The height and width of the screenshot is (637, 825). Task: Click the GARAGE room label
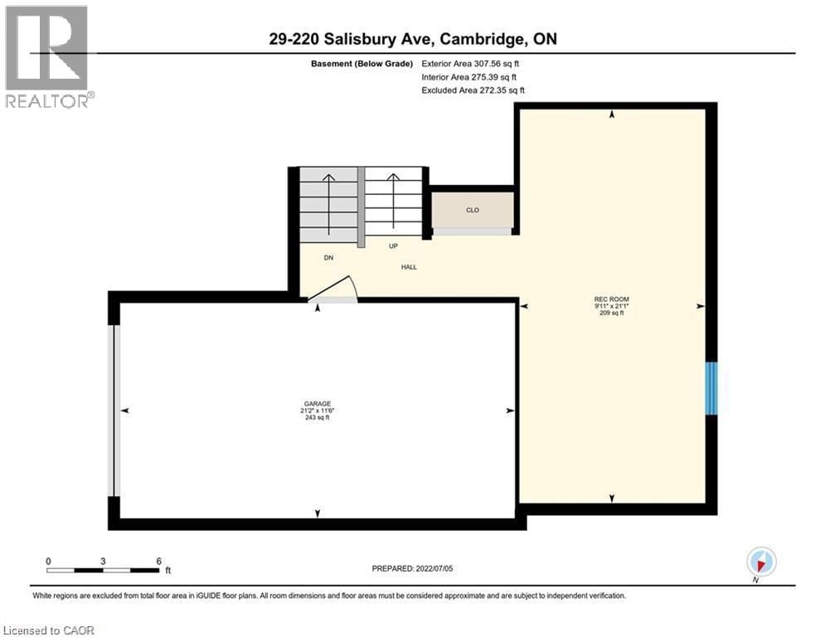pos(317,403)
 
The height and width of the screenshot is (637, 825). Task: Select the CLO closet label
pos(473,210)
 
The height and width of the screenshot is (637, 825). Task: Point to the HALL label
pos(408,267)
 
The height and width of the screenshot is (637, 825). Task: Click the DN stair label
pos(329,258)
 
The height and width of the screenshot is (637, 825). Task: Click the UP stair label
pos(394,246)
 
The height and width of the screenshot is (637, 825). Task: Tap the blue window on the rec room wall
pos(711,387)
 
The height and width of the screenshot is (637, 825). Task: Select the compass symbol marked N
pos(760,562)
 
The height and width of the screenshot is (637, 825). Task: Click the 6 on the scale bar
pos(158,561)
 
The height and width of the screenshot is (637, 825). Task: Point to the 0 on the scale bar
pos(49,561)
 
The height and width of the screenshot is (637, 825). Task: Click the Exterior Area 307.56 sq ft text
pos(470,63)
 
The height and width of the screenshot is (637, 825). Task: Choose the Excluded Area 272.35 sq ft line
pos(473,90)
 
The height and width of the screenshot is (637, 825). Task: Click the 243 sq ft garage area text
pos(317,418)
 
